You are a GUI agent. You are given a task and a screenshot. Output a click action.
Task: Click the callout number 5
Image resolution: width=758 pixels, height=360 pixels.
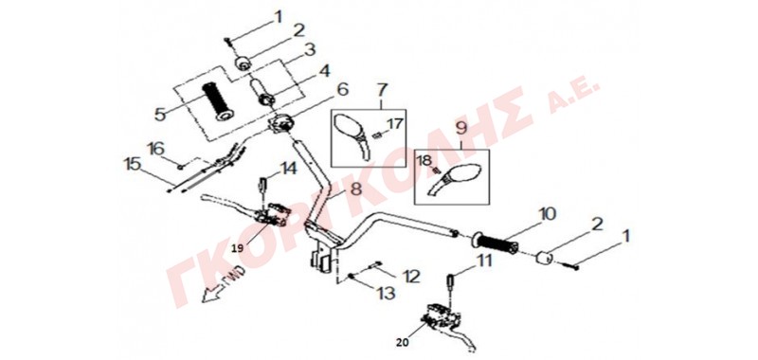click(x=161, y=114)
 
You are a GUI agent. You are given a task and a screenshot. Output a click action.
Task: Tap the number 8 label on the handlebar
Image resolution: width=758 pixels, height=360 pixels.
click(x=356, y=189)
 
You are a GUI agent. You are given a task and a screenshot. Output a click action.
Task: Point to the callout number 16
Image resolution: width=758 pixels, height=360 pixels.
click(x=156, y=148)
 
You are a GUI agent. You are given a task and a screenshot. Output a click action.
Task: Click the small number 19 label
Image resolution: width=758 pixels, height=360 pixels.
click(x=238, y=247)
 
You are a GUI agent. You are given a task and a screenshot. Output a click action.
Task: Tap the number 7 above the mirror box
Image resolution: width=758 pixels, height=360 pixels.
click(x=382, y=90)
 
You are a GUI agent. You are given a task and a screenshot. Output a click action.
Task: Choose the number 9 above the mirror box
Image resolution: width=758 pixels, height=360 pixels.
click(x=461, y=129)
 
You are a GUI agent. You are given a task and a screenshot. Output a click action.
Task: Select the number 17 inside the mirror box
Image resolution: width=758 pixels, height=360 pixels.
click(x=394, y=124)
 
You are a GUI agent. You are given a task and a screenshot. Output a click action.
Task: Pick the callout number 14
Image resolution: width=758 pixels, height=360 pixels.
click(x=289, y=168)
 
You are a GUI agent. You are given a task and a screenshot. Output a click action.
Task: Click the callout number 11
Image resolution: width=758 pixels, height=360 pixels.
click(x=483, y=261)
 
